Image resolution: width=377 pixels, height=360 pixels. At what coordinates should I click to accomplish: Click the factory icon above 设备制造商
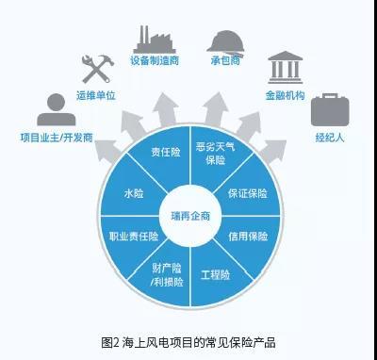[x=155, y=40]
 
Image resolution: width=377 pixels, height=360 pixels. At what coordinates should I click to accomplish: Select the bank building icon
[x=286, y=67]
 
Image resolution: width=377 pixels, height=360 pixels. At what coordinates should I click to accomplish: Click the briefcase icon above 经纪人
[x=330, y=109]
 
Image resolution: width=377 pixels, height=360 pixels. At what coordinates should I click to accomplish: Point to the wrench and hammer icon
[x=98, y=69]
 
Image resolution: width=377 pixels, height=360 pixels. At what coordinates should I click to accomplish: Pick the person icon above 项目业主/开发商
[x=57, y=109]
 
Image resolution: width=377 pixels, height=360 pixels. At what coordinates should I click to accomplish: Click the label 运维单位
[x=96, y=95]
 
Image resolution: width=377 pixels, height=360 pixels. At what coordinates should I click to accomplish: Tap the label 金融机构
[x=286, y=95]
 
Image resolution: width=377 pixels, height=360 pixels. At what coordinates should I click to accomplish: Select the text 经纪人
[x=330, y=138]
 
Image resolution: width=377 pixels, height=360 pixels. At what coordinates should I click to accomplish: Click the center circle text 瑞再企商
[x=190, y=216]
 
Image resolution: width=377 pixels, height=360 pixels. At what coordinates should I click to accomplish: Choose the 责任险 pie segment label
[x=166, y=152]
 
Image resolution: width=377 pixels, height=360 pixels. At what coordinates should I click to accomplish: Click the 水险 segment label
[x=134, y=193]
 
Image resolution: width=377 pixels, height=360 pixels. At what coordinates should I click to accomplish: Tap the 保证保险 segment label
[x=248, y=193]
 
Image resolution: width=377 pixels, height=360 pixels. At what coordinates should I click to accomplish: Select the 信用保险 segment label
[x=248, y=236]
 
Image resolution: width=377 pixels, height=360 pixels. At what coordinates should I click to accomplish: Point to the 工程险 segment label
[x=216, y=275]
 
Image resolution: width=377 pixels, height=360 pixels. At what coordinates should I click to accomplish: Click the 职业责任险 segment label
[x=134, y=237]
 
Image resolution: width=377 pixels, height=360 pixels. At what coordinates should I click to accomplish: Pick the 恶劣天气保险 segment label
[x=216, y=154]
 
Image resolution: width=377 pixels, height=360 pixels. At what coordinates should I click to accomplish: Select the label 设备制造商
[x=155, y=60]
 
